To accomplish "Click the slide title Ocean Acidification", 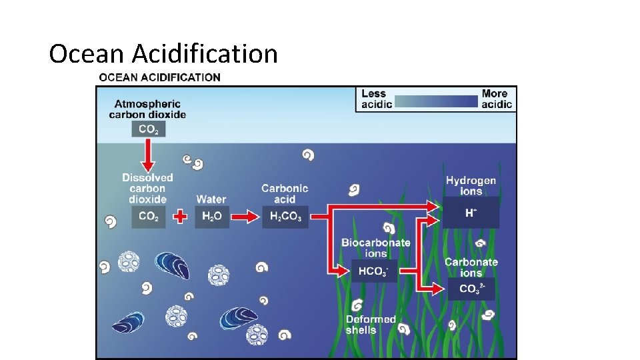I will [x=163, y=53].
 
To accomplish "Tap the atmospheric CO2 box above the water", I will [x=148, y=130].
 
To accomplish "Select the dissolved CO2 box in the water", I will [x=148, y=216].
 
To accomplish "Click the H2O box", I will [x=211, y=216].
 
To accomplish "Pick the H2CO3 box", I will [x=285, y=216].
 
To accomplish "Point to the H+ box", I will [x=471, y=213].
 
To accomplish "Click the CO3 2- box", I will [x=471, y=289].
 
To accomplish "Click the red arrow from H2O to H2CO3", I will [x=245, y=217].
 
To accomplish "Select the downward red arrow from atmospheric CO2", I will [x=148, y=156].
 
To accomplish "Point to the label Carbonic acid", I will [x=285, y=194].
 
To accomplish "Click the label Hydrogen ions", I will [x=471, y=186].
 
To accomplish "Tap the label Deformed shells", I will [x=371, y=325].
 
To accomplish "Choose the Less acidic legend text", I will [x=373, y=99].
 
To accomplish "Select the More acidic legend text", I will [x=497, y=99].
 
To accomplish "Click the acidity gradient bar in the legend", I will [x=436, y=101].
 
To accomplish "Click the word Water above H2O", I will [x=211, y=199].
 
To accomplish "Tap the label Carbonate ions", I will [x=471, y=267].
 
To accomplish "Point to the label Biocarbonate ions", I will [x=376, y=248].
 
